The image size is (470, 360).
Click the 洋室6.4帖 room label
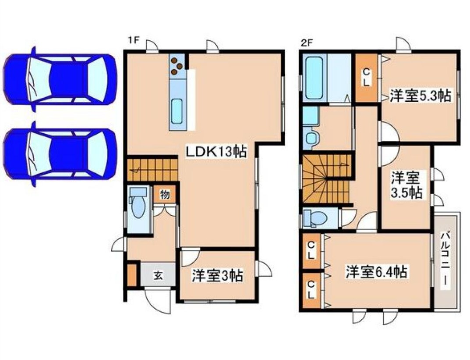(376, 272)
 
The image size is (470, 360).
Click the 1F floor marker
(133, 41)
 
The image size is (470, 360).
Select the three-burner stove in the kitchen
(177, 65)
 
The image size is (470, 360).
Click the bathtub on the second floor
(315, 78)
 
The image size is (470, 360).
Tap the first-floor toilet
(138, 206)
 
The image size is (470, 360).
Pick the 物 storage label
(164, 194)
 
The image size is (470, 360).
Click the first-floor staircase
(152, 169)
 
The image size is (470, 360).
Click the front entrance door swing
(157, 300)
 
